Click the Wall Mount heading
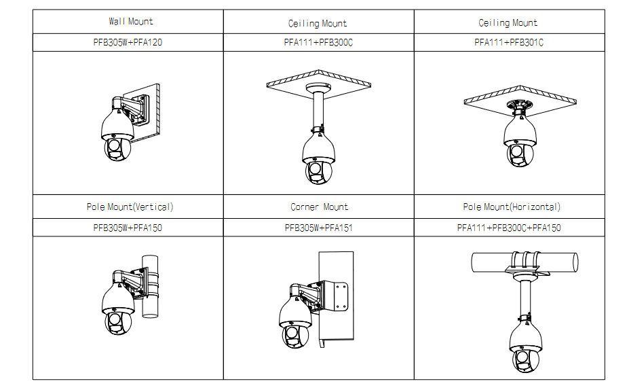(x=131, y=22)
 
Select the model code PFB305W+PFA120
(x=128, y=42)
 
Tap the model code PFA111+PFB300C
(x=318, y=42)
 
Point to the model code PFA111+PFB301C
(x=509, y=42)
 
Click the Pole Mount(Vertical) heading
(x=130, y=207)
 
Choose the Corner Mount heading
(x=319, y=207)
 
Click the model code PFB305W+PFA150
(x=128, y=228)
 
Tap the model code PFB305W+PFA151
(x=318, y=228)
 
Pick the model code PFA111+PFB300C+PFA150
(x=509, y=228)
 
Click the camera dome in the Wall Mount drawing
(x=117, y=147)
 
